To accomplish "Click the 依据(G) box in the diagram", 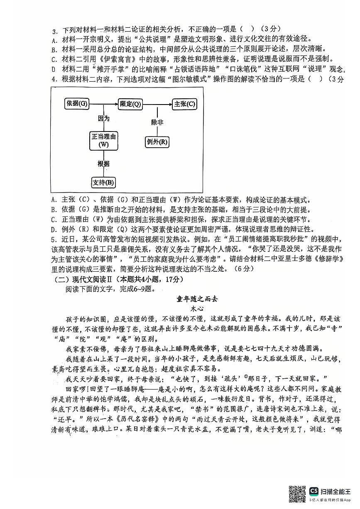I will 77,104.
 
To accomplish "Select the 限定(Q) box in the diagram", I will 130,104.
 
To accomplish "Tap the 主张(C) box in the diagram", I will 185,104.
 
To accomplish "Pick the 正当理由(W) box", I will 103,140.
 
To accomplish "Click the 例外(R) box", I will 157,142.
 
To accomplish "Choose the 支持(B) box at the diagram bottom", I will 103,183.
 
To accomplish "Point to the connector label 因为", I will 103,119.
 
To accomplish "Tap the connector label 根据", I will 103,163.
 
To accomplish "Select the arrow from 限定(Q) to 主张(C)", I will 158,104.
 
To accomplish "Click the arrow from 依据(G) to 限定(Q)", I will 103,104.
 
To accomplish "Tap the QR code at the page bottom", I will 297,494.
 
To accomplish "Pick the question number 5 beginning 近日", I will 53,239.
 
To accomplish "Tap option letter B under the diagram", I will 54,210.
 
